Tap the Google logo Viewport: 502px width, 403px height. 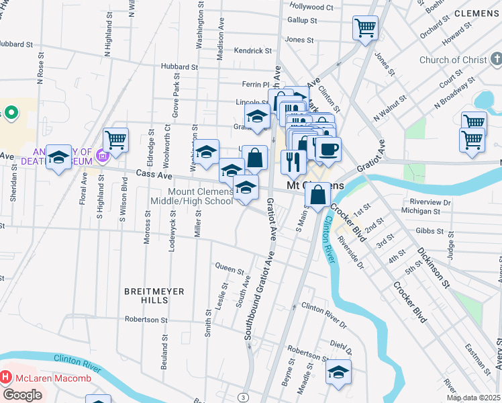pos(22,395)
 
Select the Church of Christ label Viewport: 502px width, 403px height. pos(452,60)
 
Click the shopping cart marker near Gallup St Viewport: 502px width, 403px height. pos(365,28)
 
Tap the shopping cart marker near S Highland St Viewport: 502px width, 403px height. pos(115,140)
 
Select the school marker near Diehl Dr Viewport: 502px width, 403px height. pos(339,371)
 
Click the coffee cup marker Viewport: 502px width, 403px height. pos(328,148)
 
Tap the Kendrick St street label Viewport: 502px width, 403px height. pos(253,50)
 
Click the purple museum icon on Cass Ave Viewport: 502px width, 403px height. pos(102,156)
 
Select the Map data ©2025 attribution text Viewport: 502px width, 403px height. pos(474,398)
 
